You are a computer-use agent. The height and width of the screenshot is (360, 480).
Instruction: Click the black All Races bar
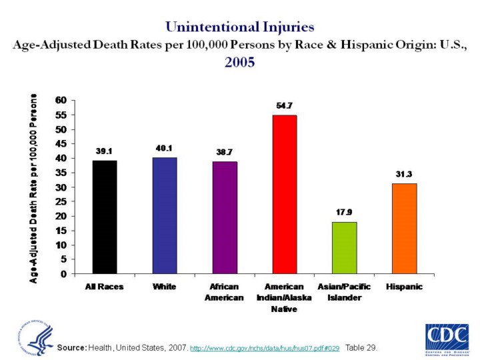(x=105, y=217)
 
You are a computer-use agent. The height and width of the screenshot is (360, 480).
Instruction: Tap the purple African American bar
(x=224, y=217)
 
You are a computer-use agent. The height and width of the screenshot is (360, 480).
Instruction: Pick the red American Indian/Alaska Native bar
(x=284, y=194)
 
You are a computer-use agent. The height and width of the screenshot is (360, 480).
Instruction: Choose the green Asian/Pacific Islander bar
(x=344, y=247)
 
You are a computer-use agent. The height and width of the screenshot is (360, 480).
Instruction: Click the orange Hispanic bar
(x=404, y=228)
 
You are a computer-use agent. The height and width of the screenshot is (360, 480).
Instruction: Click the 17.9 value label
(x=344, y=213)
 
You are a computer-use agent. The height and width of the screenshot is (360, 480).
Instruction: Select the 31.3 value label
(x=404, y=174)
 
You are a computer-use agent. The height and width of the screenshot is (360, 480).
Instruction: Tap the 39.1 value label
(x=105, y=151)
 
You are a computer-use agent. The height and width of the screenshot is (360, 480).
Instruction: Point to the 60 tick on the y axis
(x=61, y=100)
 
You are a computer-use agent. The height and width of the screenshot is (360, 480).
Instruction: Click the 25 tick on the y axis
(x=61, y=201)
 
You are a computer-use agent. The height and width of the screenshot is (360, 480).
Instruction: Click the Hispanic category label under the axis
(x=404, y=287)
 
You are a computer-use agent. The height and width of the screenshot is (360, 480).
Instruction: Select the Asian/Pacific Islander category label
(x=344, y=292)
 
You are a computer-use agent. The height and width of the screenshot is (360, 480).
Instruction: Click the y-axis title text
(x=34, y=187)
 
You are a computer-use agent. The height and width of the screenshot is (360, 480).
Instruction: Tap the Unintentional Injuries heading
(x=240, y=27)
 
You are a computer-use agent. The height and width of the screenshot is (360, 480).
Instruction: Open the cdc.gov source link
(x=265, y=349)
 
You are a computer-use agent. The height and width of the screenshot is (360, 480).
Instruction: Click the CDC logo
(x=446, y=337)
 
